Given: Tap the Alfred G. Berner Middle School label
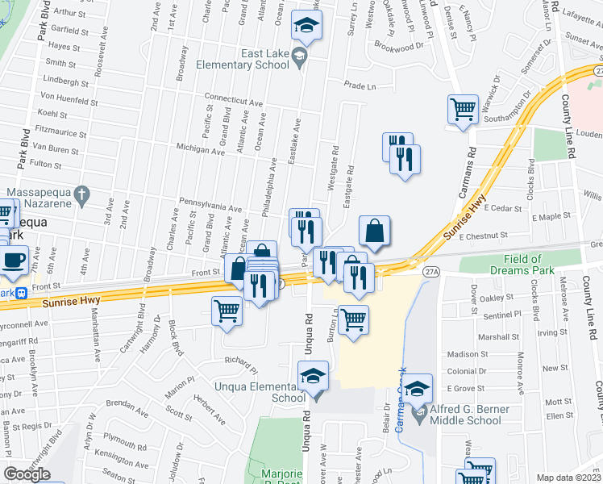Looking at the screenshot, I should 471,415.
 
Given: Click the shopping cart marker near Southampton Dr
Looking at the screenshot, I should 463,108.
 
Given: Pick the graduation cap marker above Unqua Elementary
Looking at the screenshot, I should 314,375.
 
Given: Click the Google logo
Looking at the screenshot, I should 27,474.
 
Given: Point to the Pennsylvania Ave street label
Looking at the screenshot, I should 209,208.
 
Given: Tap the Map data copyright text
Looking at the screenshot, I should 569,478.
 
